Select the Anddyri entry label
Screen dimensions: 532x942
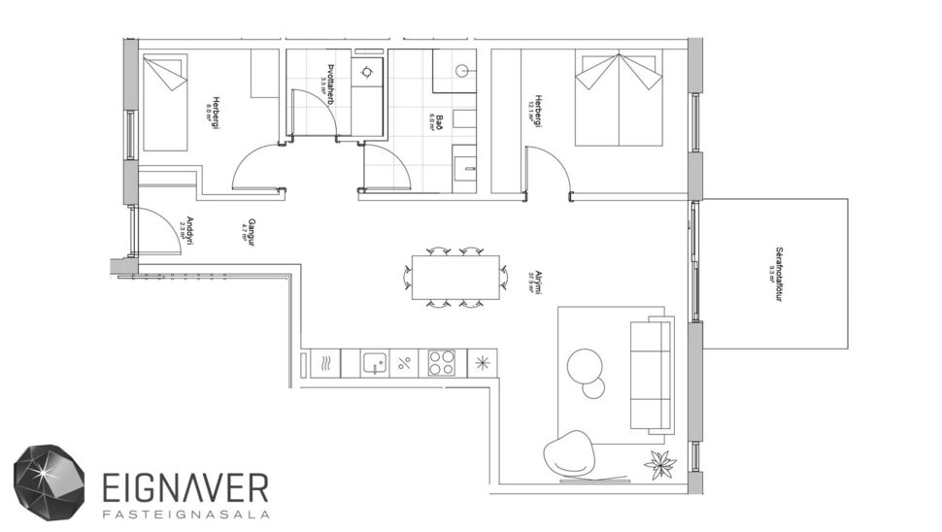pos(188,229)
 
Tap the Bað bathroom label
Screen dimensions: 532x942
pos(438,122)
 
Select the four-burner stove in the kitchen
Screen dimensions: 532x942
pos(442,364)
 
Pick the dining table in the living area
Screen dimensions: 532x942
pos(456,278)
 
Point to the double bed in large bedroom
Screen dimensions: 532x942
pos(618,100)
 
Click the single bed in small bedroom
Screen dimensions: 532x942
pos(165,103)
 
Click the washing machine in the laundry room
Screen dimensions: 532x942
pos(366,74)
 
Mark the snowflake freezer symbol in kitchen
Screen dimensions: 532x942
pos(481,364)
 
